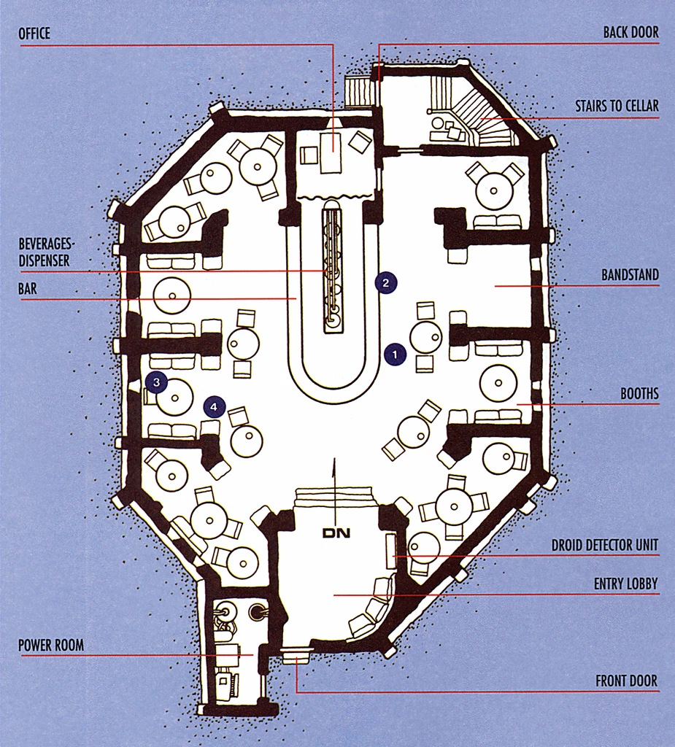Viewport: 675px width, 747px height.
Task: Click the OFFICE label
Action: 35,34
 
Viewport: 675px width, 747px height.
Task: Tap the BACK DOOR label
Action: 630,33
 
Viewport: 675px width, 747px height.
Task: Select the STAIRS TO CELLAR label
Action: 617,107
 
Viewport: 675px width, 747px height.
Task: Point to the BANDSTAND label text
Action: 630,275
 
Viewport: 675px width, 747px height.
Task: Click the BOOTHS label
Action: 639,394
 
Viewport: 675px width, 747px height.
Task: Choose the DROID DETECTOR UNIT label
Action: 605,545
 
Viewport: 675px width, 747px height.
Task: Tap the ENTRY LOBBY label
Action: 625,584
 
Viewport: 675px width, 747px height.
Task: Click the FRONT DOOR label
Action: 626,681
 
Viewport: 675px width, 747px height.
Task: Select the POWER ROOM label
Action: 50,645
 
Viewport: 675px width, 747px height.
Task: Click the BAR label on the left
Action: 28,289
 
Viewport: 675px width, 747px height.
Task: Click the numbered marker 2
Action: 386,283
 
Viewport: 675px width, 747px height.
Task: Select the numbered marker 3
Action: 155,381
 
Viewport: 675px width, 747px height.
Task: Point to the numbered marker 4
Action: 214,406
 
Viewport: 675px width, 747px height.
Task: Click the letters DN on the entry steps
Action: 336,534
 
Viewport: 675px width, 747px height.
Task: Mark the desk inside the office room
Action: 331,153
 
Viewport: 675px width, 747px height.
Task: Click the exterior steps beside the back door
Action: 358,93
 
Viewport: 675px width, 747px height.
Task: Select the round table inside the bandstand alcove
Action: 494,191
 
